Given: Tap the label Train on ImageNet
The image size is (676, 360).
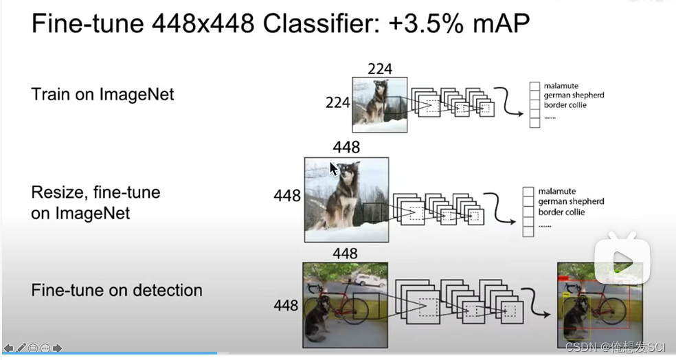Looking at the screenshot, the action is tap(102, 94).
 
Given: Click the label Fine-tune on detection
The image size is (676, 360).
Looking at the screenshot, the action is tap(117, 290).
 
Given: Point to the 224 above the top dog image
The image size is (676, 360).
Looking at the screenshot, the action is tap(380, 69).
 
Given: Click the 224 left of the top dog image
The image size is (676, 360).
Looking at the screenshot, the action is tap(337, 103).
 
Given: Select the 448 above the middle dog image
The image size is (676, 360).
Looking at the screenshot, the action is tap(346, 148).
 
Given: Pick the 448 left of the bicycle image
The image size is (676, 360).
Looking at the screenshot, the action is tap(286, 304).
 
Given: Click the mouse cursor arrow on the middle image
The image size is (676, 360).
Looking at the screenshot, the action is tap(333, 169).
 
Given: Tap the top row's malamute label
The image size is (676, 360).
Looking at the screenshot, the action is tap(561, 86).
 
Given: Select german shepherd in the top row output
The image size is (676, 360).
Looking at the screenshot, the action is tap(574, 95).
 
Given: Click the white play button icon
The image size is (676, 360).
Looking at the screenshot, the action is tap(622, 260).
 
